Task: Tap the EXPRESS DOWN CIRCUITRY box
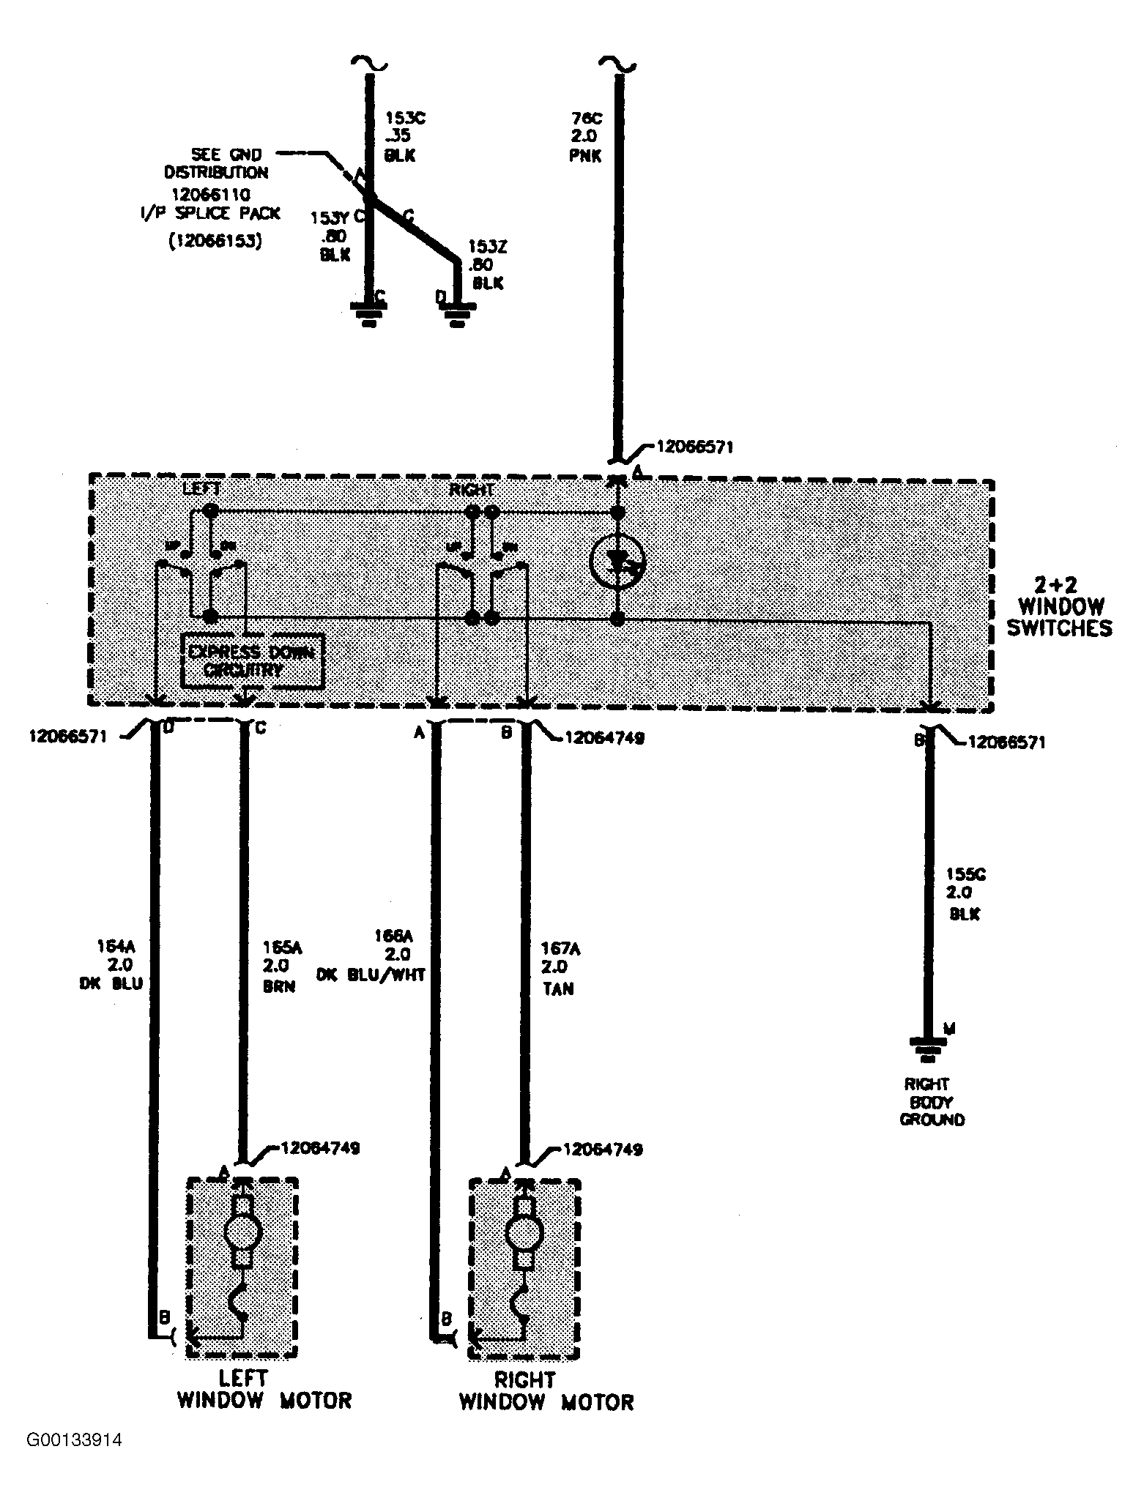(x=253, y=660)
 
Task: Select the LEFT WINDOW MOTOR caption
(x=264, y=1389)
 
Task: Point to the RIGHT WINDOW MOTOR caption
(x=546, y=1391)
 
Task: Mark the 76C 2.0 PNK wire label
(x=587, y=136)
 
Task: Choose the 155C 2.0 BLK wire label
(x=965, y=894)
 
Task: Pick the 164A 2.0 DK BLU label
(x=111, y=964)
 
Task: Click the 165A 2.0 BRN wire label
(x=281, y=966)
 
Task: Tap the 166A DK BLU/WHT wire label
(x=372, y=956)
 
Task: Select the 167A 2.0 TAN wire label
(x=560, y=969)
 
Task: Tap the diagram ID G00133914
(x=74, y=1441)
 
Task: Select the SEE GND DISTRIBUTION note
(x=218, y=163)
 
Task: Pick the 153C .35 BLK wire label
(x=400, y=136)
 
